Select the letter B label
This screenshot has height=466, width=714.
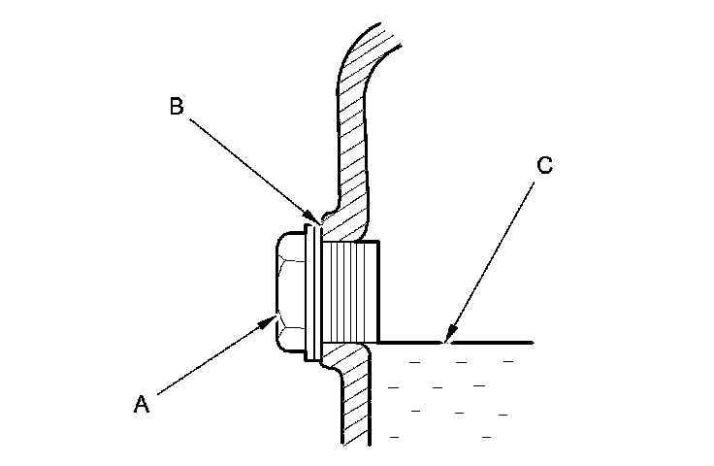pyautogui.click(x=176, y=108)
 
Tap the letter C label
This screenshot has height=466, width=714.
pyautogui.click(x=544, y=166)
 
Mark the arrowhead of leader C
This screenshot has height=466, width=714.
pyautogui.click(x=444, y=342)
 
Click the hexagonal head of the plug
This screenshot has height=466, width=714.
pyautogui.click(x=289, y=291)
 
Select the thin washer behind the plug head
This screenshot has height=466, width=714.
pyautogui.click(x=311, y=291)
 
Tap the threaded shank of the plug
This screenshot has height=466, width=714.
pyautogui.click(x=349, y=291)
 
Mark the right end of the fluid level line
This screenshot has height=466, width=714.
pyautogui.click(x=532, y=343)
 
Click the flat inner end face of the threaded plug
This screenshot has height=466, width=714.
pyautogui.click(x=376, y=291)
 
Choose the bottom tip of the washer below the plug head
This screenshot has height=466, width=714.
pyautogui.click(x=311, y=358)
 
